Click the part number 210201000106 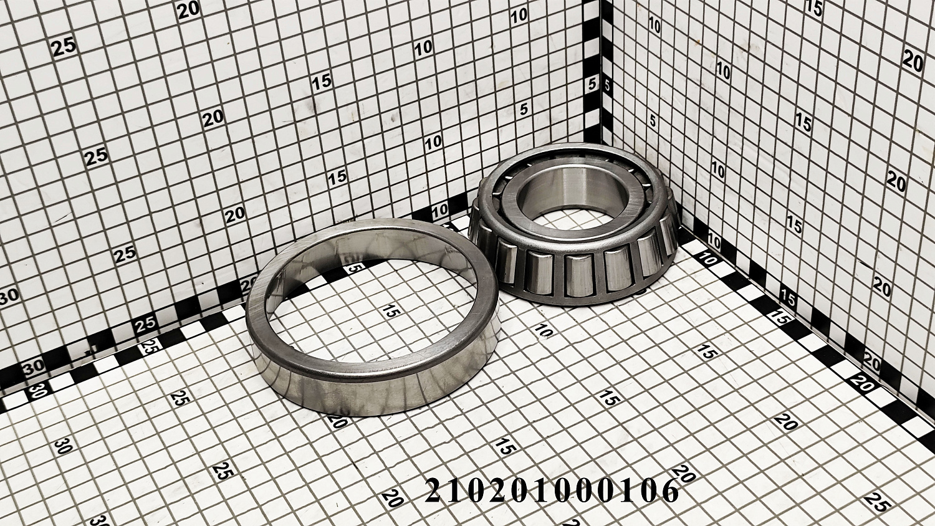pos(552,490)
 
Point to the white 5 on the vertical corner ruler pos(592,84)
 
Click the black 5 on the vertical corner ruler pos(607,87)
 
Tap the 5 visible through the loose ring pos(354,267)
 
